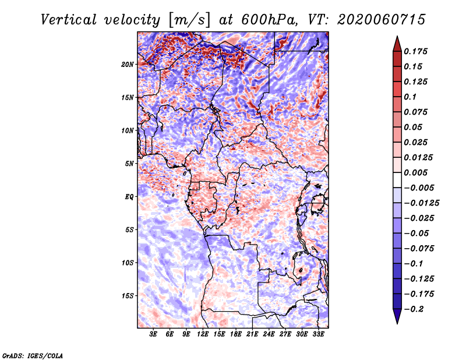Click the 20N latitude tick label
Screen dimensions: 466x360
click(x=127, y=65)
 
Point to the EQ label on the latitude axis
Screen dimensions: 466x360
click(x=129, y=197)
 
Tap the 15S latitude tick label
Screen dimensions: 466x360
click(x=127, y=296)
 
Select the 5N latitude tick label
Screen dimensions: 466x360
click(x=129, y=164)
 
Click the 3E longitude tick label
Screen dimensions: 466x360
click(x=153, y=334)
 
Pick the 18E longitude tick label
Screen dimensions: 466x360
click(x=236, y=334)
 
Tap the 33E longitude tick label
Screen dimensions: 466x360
click(x=318, y=334)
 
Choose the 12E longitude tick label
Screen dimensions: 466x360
click(x=203, y=334)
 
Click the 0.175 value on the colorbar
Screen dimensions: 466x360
click(x=415, y=51)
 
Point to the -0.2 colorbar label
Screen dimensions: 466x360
click(x=414, y=309)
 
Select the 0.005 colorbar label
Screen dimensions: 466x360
click(x=415, y=172)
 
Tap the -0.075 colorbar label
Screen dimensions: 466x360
click(x=419, y=249)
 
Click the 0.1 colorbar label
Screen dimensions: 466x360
click(x=410, y=97)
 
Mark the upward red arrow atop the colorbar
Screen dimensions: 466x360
click(x=397, y=44)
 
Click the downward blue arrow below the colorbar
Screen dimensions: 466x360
click(x=397, y=316)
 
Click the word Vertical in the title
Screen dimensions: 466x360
click(x=68, y=20)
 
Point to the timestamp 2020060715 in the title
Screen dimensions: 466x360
click(x=382, y=20)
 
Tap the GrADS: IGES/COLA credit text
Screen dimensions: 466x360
click(x=33, y=356)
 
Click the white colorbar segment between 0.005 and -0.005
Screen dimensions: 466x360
click(x=397, y=180)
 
